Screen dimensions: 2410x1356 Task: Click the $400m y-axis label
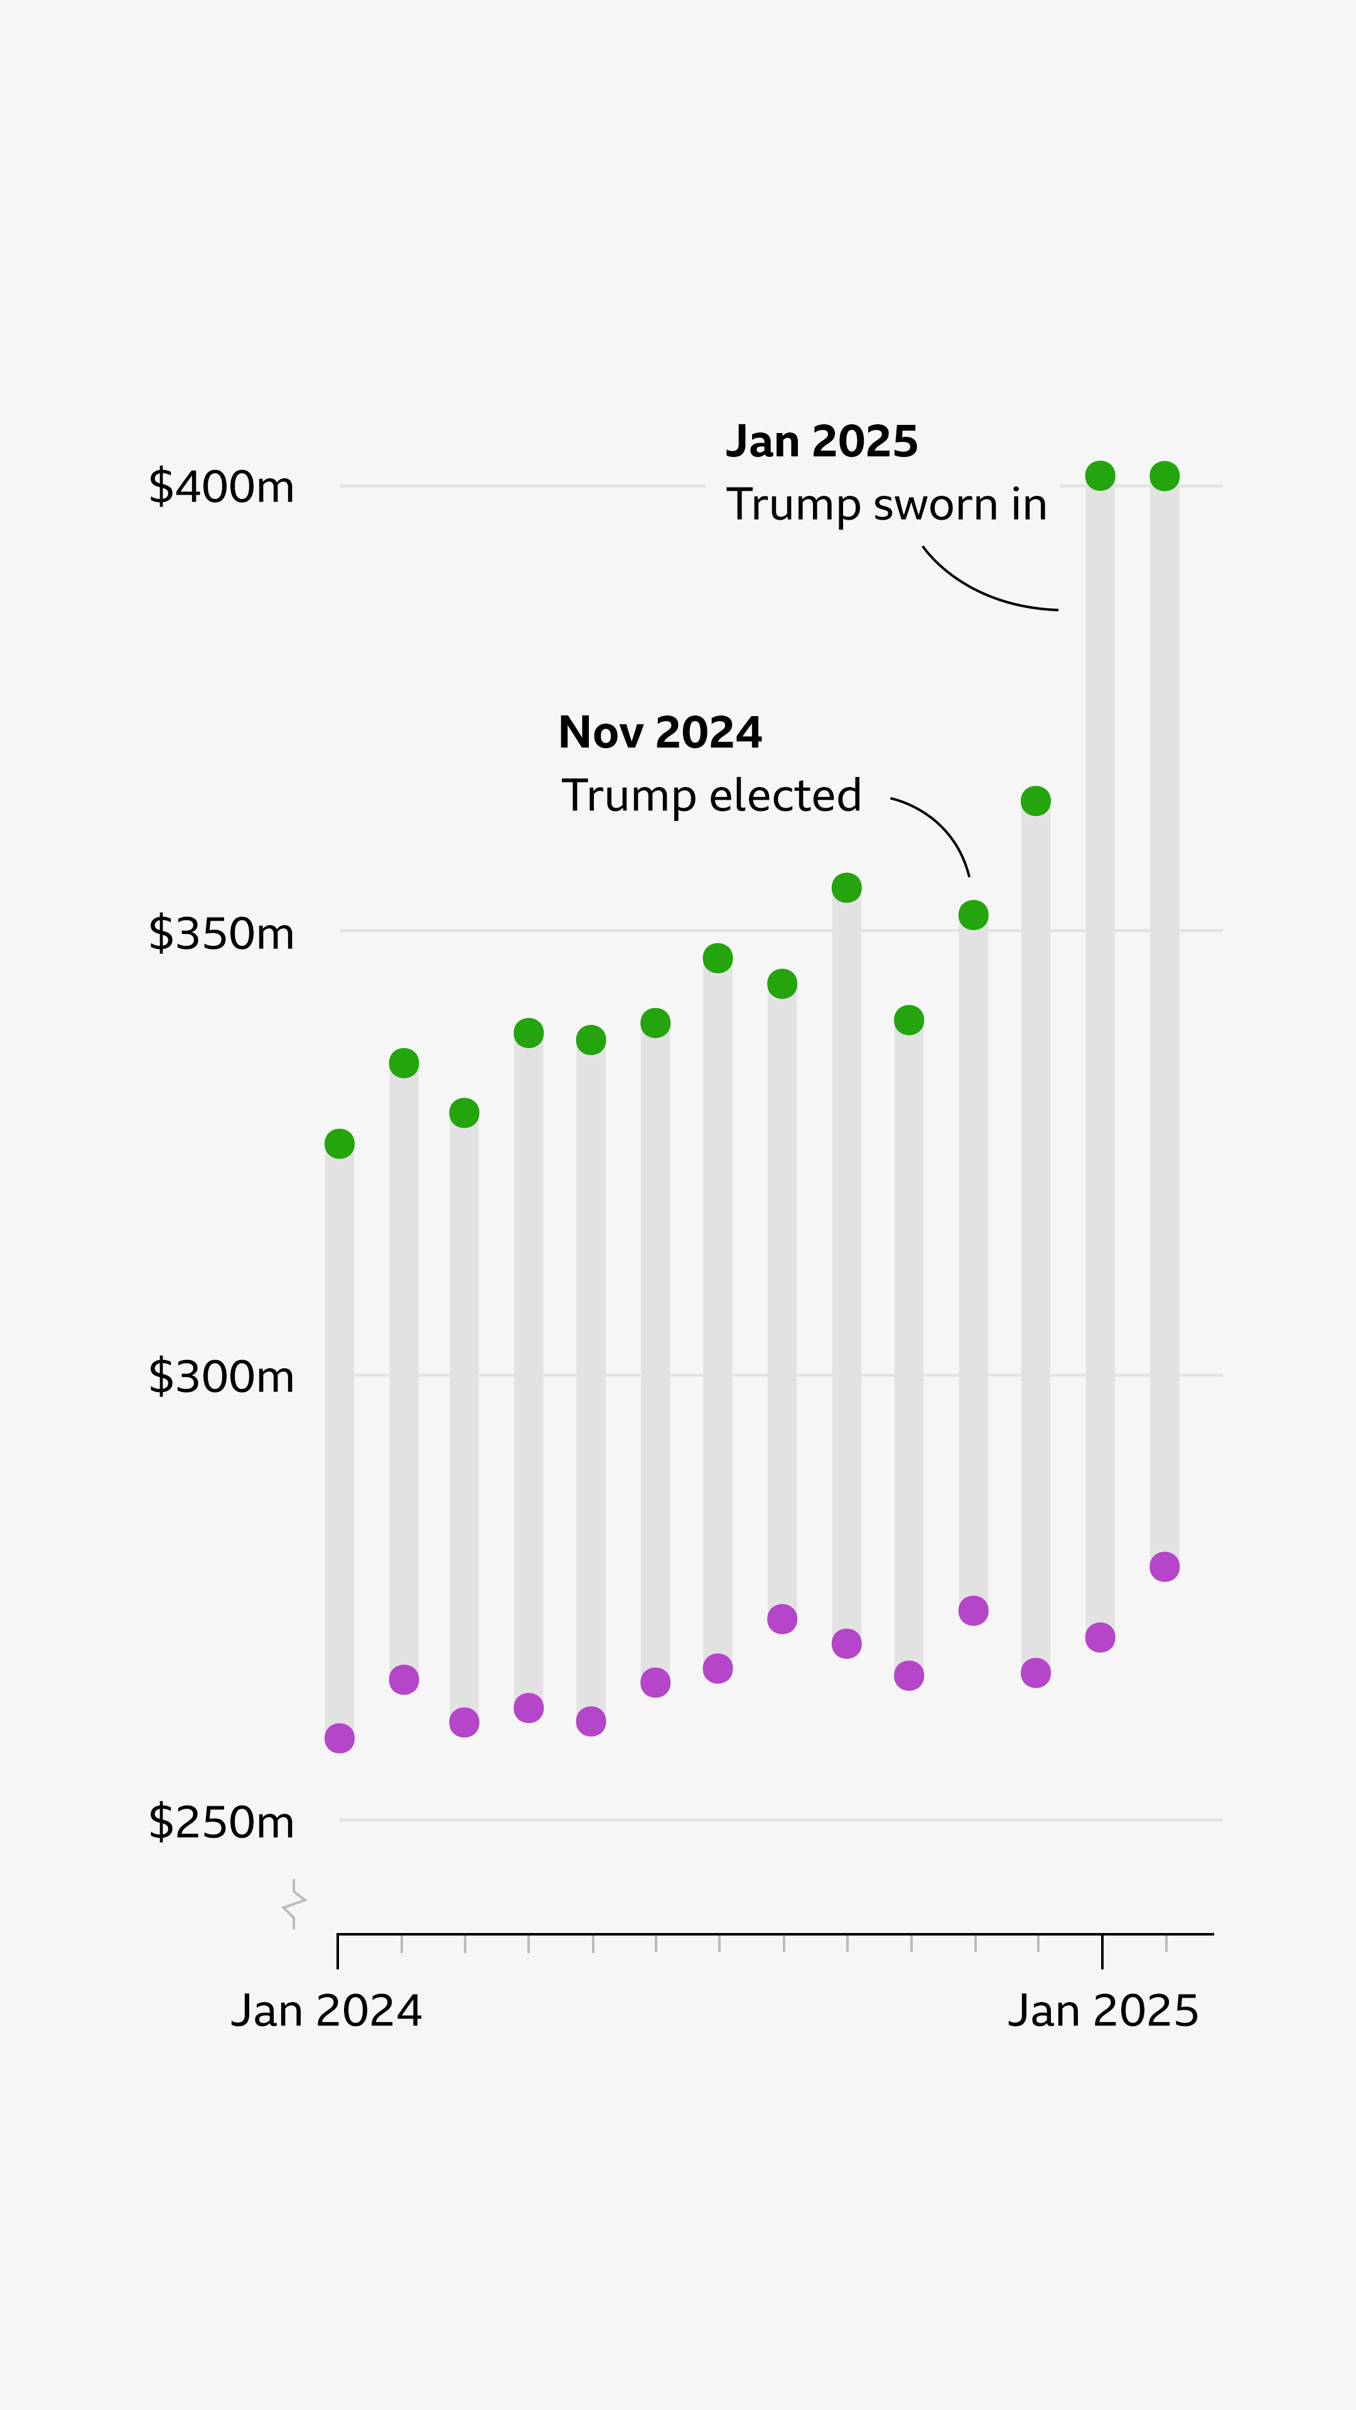(x=221, y=486)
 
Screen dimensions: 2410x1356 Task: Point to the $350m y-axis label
(x=221, y=933)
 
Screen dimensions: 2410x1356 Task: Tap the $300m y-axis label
(x=221, y=1376)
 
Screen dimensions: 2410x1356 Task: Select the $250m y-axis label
(x=221, y=1821)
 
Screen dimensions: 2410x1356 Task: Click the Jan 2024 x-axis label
(x=326, y=2010)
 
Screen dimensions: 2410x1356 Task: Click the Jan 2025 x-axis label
(x=1102, y=2010)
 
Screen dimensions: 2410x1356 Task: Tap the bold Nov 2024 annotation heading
(x=660, y=732)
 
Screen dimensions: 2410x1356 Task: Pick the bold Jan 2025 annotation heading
(x=822, y=442)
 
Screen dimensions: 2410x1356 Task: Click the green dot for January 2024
(x=340, y=1143)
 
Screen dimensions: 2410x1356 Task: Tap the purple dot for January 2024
(x=340, y=1738)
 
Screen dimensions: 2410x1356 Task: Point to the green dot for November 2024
(x=973, y=915)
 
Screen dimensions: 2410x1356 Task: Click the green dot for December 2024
(x=1036, y=801)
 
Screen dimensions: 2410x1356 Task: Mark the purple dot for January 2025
(x=1100, y=1637)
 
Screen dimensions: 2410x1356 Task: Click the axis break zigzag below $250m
(x=294, y=1904)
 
